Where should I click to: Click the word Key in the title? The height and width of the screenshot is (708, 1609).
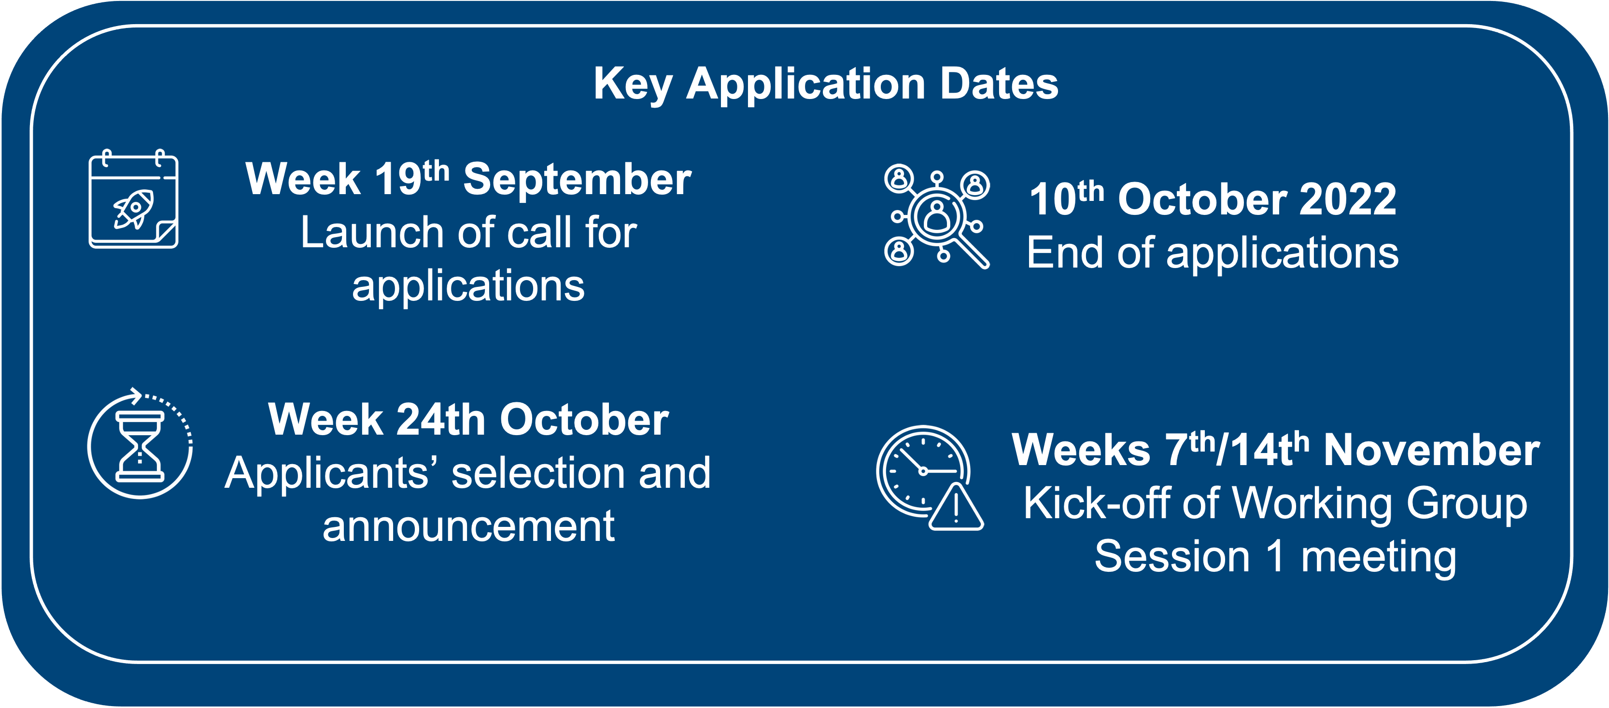[633, 85]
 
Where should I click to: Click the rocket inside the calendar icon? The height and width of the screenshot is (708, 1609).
[133, 209]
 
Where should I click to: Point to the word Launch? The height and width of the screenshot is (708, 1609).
[372, 232]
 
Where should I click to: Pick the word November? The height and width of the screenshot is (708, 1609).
[1432, 451]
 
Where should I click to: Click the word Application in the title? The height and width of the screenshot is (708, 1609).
[806, 85]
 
